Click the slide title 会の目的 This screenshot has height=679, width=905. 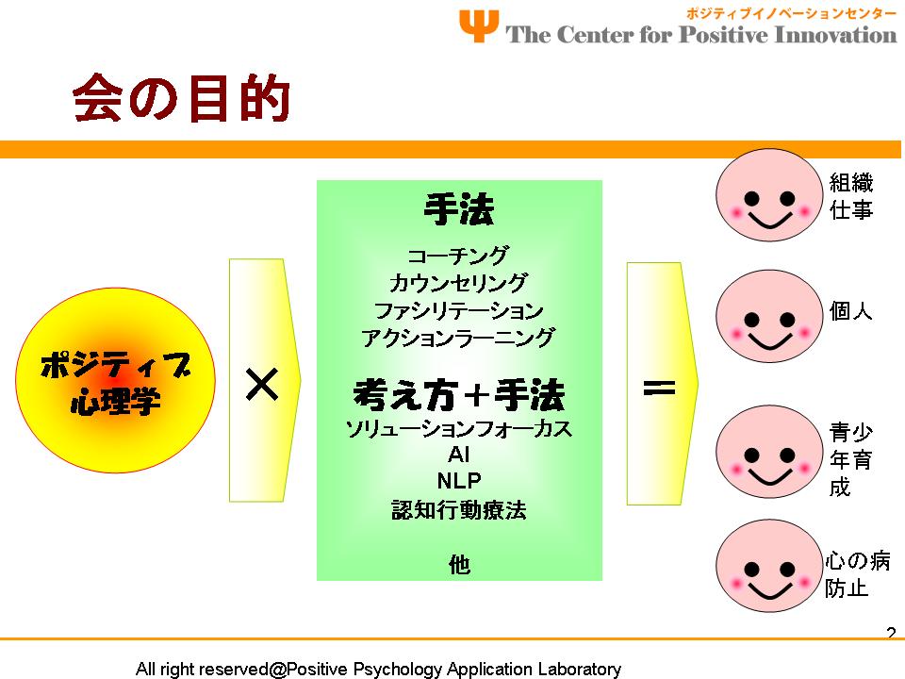pyautogui.click(x=181, y=97)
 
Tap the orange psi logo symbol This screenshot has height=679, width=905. pyautogui.click(x=479, y=26)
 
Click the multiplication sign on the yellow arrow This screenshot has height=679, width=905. pyautogui.click(x=262, y=385)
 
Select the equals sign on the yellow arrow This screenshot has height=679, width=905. pyautogui.click(x=659, y=388)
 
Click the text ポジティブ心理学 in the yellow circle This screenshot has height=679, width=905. pyautogui.click(x=115, y=382)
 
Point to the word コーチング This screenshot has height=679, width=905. pyautogui.click(x=458, y=255)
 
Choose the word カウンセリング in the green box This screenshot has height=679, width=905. pyautogui.click(x=458, y=282)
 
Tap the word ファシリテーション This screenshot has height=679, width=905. pyautogui.click(x=458, y=310)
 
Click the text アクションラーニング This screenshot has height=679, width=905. pyautogui.click(x=458, y=338)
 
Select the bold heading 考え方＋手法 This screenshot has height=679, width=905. pyautogui.click(x=458, y=395)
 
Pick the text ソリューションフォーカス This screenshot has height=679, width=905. pyautogui.click(x=458, y=429)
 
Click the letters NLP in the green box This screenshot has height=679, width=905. pyautogui.click(x=459, y=480)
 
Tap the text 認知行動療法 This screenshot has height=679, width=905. pyautogui.click(x=459, y=510)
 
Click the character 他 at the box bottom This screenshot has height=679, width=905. pyautogui.click(x=459, y=564)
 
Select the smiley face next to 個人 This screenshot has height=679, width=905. pyautogui.click(x=769, y=317)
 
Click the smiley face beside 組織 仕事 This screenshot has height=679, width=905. pyautogui.click(x=769, y=195)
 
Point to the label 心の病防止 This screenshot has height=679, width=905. pyautogui.click(x=857, y=574)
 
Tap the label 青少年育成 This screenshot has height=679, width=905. pyautogui.click(x=850, y=459)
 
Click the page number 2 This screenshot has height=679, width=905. pyautogui.click(x=891, y=633)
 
